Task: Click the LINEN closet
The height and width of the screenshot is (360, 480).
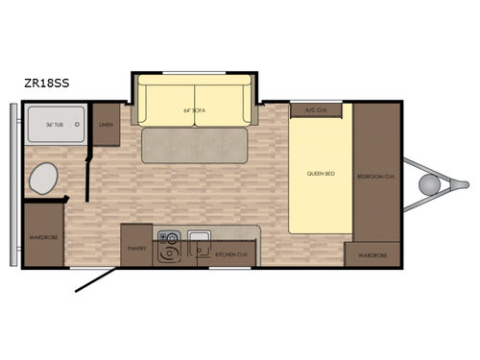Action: (x=105, y=124)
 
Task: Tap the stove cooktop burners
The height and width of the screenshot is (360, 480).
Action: (x=168, y=246)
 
